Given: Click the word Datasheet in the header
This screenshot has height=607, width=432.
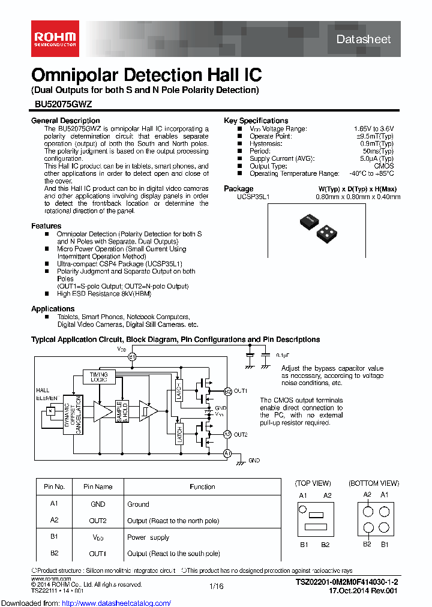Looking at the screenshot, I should [x=363, y=40].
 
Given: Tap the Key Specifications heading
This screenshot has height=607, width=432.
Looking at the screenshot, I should [x=256, y=121].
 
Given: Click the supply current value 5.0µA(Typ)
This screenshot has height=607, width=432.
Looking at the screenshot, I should [x=377, y=158].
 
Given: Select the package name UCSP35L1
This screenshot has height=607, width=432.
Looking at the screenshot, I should [x=253, y=196].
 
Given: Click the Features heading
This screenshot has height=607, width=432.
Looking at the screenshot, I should [x=46, y=226].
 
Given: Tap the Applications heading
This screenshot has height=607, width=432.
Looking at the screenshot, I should [x=53, y=309].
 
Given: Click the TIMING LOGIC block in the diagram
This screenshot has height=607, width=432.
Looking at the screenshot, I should [x=99, y=376].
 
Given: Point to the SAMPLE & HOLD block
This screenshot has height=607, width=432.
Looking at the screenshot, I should [x=121, y=411].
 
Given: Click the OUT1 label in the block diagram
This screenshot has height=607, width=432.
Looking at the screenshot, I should [x=241, y=391].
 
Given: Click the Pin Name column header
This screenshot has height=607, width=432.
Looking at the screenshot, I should [x=98, y=486].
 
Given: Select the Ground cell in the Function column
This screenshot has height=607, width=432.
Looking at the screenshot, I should [x=138, y=504].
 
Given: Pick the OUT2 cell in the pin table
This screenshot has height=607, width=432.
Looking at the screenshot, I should [x=98, y=521].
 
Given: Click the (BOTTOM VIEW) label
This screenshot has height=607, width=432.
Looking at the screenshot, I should [x=373, y=483].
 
